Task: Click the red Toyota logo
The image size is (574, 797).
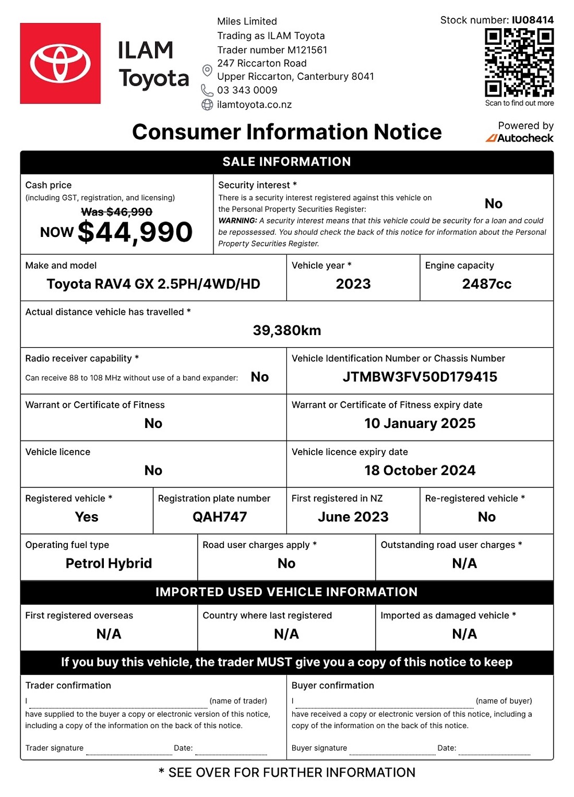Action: tap(60, 63)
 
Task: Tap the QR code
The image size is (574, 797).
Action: tap(519, 63)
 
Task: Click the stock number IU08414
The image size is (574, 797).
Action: tap(532, 20)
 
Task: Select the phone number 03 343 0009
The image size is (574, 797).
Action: tap(247, 90)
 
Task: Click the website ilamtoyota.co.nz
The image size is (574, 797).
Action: tap(254, 105)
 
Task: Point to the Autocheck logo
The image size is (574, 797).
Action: tap(520, 138)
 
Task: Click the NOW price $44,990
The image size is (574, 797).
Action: tap(135, 232)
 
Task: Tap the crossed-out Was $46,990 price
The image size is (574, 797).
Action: tap(116, 212)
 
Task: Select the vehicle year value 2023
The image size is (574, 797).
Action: tap(353, 284)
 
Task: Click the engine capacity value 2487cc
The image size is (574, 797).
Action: tap(486, 284)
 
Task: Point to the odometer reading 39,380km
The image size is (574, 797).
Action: tap(287, 330)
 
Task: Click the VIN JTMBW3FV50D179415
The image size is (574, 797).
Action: tap(420, 377)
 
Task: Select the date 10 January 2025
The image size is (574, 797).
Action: tap(420, 423)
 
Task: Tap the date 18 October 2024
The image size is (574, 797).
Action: tap(420, 470)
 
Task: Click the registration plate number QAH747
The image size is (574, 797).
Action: tap(220, 517)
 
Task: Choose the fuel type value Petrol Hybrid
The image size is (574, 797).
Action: tap(109, 563)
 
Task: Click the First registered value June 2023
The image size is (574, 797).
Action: tap(353, 517)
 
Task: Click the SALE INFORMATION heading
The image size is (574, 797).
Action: tap(287, 162)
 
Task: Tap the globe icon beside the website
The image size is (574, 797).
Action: tap(207, 105)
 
